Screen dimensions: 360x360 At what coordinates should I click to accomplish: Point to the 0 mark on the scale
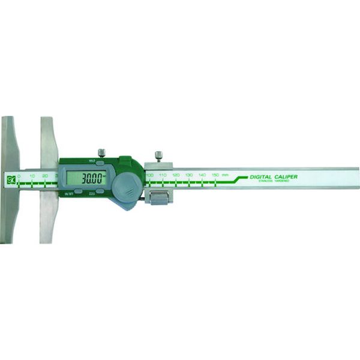19,176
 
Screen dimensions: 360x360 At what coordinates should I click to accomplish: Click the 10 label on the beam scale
32,176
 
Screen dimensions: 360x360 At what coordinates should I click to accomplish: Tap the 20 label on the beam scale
45,176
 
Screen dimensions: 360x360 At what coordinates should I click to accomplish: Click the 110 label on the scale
162,175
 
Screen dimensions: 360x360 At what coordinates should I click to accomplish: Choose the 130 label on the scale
188,175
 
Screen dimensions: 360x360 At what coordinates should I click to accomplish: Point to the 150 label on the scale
215,175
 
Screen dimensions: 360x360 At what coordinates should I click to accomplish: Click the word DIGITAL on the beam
265,176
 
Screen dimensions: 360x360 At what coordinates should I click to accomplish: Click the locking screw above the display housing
102,153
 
